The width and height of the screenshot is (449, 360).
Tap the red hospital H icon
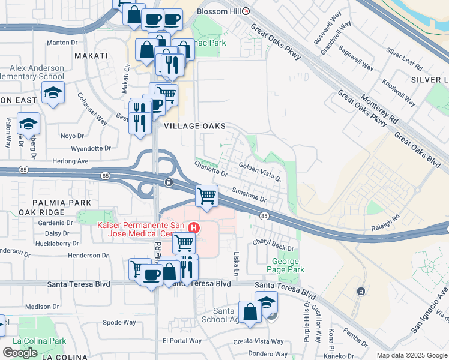point(194,227)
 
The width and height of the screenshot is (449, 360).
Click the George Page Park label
point(285,266)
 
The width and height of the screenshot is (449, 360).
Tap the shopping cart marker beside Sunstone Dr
point(207,196)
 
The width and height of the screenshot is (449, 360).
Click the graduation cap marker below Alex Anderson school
point(53,94)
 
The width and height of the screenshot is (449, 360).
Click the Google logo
point(20,352)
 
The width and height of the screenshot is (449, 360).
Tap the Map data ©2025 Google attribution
point(411,355)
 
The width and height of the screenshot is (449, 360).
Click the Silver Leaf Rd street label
point(403,58)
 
